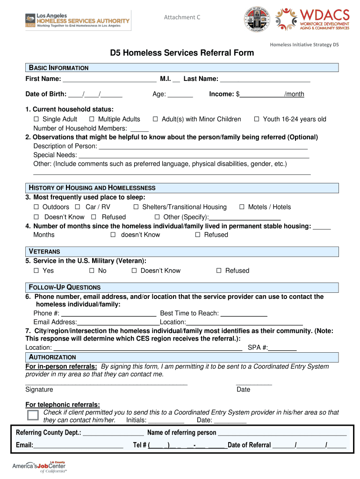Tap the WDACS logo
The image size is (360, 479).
click(313, 19)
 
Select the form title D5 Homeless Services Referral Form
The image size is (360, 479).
click(182, 52)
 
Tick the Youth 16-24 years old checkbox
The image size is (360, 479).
click(257, 119)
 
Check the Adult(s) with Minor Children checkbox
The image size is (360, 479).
click(156, 119)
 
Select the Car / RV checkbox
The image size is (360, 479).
click(78, 207)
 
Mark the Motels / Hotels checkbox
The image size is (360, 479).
click(242, 207)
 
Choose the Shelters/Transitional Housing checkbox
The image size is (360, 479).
click(136, 207)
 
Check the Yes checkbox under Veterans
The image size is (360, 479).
click(36, 271)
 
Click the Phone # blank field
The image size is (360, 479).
click(108, 314)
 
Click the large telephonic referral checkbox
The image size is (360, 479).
click(33, 415)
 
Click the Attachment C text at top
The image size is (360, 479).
click(182, 17)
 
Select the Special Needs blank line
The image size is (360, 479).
click(194, 156)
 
